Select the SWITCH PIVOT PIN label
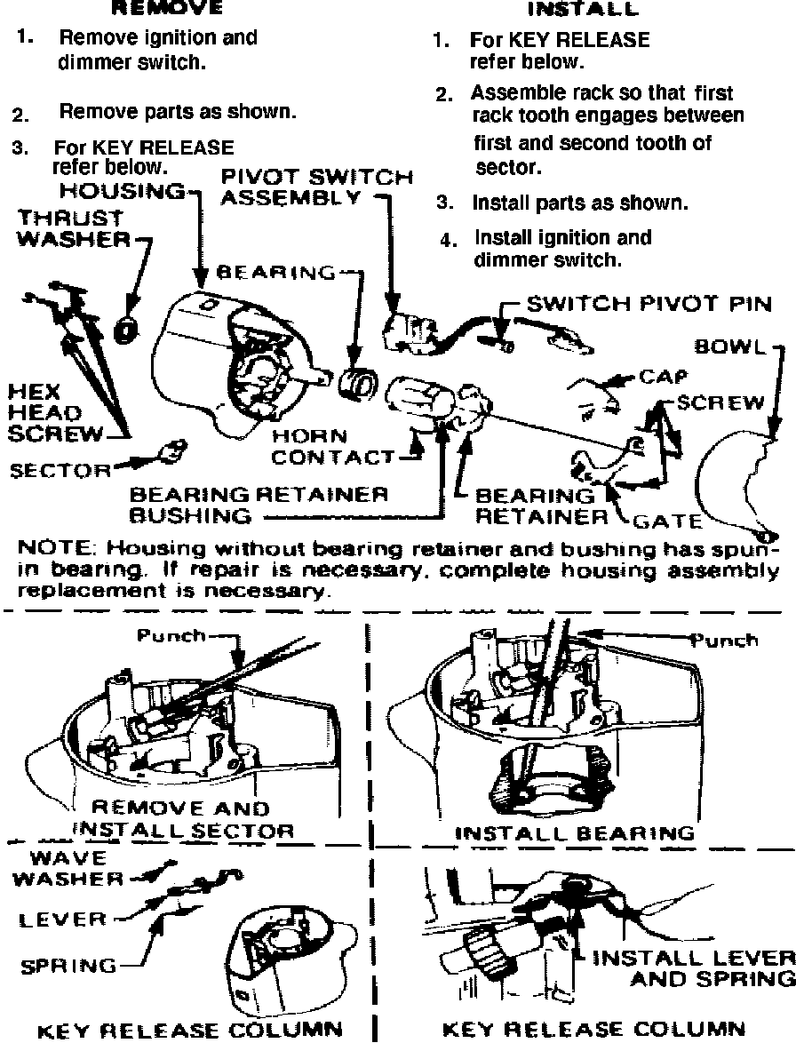pyautogui.click(x=649, y=304)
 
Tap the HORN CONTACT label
pyautogui.click(x=333, y=447)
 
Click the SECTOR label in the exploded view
pyautogui.click(x=60, y=469)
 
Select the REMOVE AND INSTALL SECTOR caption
pyautogui.click(x=181, y=819)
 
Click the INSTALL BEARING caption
pyautogui.click(x=575, y=832)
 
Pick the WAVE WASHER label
pyautogui.click(x=75, y=869)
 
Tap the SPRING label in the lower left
pyautogui.click(x=70, y=965)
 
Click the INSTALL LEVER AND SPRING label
pyautogui.click(x=693, y=967)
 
